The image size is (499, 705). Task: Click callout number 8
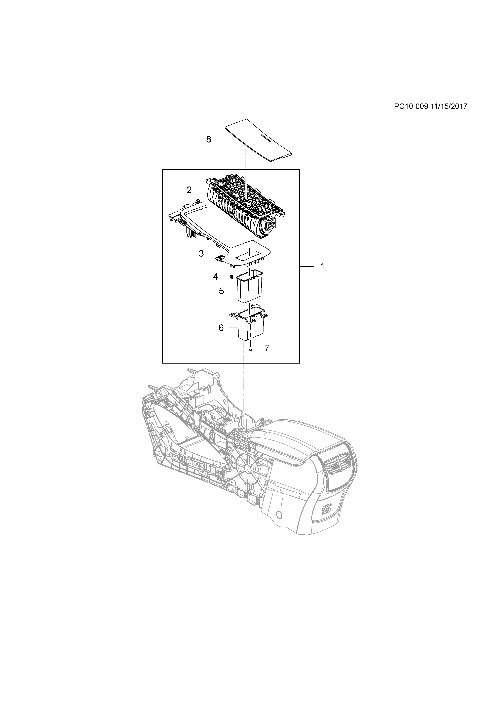(209, 139)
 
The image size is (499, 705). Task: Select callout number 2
(189, 190)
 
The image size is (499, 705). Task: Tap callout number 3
(201, 254)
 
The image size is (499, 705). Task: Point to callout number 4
(215, 277)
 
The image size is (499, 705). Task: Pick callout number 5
(221, 291)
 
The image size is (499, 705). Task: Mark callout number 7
(267, 348)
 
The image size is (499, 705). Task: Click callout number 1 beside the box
(322, 266)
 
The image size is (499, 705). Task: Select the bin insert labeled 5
(249, 286)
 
